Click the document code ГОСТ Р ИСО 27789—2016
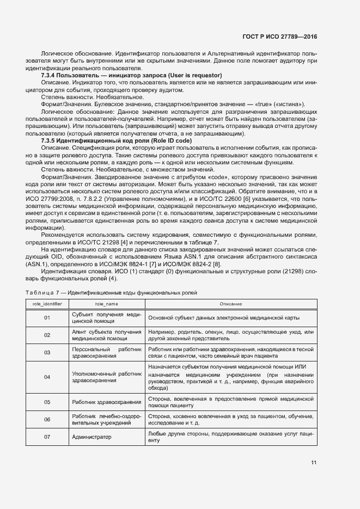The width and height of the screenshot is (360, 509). [x=280, y=36]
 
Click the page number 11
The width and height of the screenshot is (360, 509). [x=314, y=463]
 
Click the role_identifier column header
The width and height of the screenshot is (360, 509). [x=47, y=303]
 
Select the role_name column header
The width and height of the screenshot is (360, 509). [x=106, y=303]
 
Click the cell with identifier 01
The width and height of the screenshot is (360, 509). [x=47, y=317]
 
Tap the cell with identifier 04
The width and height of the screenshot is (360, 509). [x=47, y=377]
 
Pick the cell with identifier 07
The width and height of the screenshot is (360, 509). [x=47, y=437]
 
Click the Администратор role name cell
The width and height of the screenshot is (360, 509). [x=91, y=437]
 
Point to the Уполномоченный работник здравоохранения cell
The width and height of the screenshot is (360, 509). [x=106, y=377]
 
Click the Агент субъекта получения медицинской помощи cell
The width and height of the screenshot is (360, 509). [x=106, y=335]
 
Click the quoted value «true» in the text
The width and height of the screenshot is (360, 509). [x=266, y=104]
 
